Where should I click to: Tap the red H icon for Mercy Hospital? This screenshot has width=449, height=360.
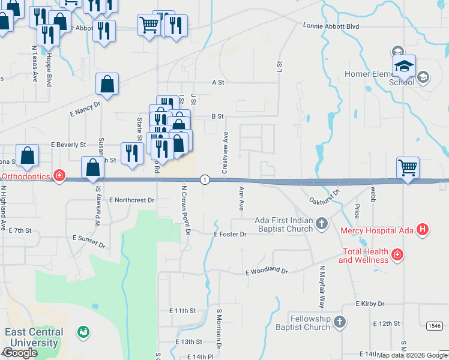[x=423, y=229]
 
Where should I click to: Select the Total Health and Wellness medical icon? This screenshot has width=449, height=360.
[x=397, y=256]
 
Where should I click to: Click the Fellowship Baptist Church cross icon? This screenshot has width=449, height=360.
[x=340, y=322]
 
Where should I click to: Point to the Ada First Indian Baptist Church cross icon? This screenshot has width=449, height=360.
[x=322, y=224]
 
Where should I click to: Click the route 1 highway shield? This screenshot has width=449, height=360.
[x=205, y=179]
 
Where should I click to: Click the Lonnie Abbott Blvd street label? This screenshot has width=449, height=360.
[x=331, y=27]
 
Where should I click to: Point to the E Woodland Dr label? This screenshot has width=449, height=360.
[x=267, y=272]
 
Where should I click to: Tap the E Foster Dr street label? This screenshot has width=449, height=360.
[x=230, y=234]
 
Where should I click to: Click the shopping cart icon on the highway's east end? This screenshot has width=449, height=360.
[x=408, y=167]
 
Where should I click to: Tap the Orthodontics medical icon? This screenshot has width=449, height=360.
[x=59, y=175]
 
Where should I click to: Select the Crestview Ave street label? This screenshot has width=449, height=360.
[x=226, y=153]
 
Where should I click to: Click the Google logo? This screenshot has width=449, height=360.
[x=20, y=353]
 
